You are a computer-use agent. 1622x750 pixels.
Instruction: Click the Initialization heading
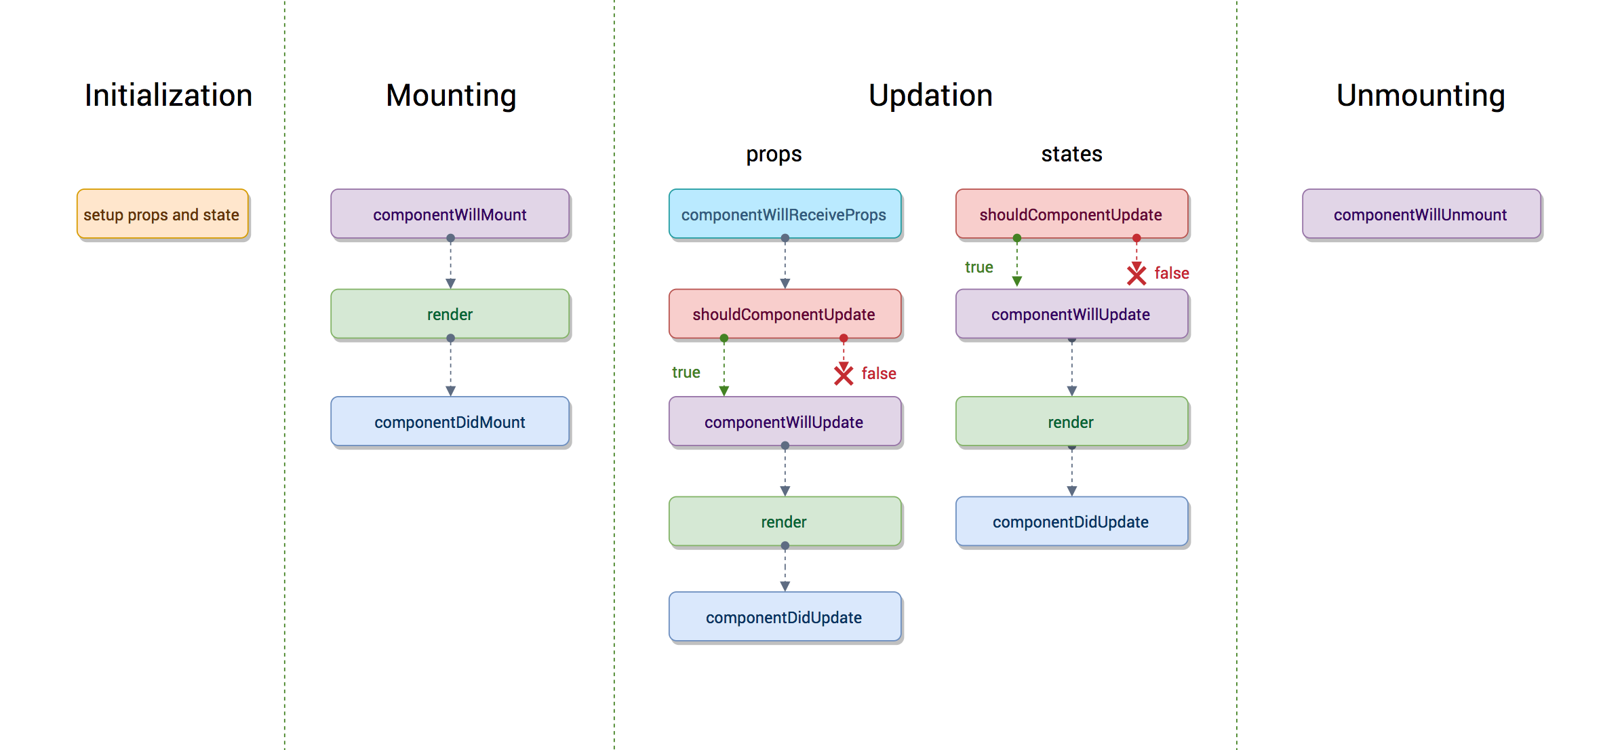[168, 95]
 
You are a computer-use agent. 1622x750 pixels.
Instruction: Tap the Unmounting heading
[1421, 95]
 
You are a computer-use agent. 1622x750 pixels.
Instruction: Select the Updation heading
[930, 95]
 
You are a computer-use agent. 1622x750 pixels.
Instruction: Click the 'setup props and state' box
[163, 214]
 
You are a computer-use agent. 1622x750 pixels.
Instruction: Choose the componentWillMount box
[450, 214]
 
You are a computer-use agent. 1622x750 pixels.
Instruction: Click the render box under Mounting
[450, 314]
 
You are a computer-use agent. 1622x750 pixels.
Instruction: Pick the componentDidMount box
[450, 422]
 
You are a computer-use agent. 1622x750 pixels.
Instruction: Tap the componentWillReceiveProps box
[785, 214]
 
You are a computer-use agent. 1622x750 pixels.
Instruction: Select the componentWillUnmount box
[1421, 214]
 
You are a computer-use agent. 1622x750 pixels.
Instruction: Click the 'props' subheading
[774, 154]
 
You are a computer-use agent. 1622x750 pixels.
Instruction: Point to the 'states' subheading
[1071, 154]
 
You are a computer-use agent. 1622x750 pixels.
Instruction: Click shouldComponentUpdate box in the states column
[1071, 214]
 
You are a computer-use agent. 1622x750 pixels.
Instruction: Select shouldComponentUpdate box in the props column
[785, 314]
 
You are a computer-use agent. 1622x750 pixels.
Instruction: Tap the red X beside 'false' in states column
[1136, 274]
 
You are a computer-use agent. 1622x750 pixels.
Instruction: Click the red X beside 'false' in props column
[844, 374]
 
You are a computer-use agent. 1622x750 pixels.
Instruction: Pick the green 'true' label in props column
[686, 372]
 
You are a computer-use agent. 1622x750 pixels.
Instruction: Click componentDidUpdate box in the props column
[785, 617]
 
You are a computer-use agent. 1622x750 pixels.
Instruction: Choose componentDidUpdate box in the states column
[1071, 521]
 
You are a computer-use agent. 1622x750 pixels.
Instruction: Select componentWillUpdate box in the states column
[1071, 314]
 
